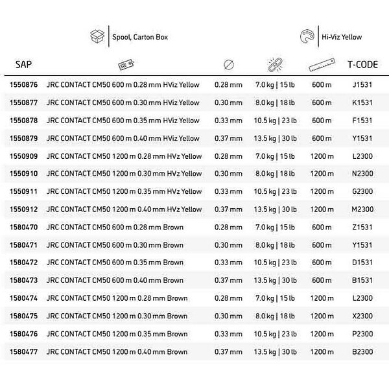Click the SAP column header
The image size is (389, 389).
pyautogui.click(x=24, y=65)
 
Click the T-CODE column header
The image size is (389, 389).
pyautogui.click(x=363, y=65)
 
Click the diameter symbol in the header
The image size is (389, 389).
pyautogui.click(x=228, y=65)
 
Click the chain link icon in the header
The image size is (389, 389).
pyautogui.click(x=274, y=65)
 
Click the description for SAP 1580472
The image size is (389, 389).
pyautogui.click(x=115, y=263)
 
